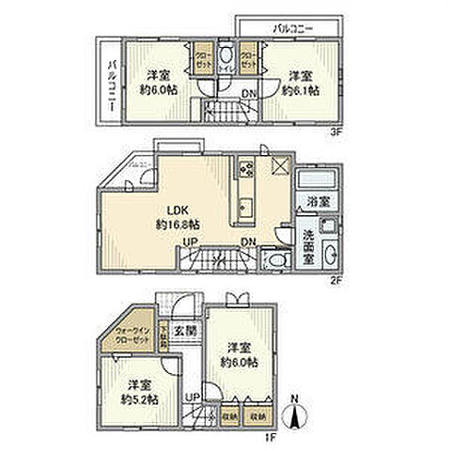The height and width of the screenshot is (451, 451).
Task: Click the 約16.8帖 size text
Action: click(176, 225)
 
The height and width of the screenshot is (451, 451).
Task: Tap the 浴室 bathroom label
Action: click(316, 201)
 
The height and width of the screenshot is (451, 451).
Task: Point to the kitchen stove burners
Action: click(247, 169)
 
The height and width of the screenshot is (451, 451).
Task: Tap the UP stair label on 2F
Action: click(189, 242)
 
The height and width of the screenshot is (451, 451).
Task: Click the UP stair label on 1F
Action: click(193, 397)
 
